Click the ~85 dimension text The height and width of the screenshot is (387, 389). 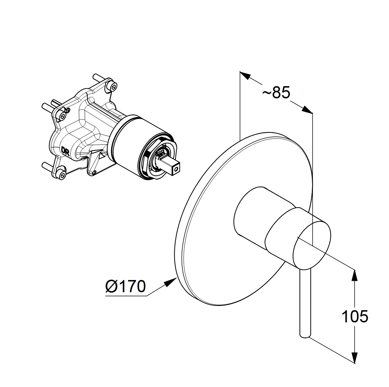pyautogui.click(x=276, y=93)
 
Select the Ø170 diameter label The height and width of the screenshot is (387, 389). pyautogui.click(x=126, y=287)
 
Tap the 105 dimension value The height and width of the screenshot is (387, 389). pyautogui.click(x=355, y=317)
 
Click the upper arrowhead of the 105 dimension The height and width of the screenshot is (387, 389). pyautogui.click(x=355, y=275)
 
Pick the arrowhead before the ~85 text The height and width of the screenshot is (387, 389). pyautogui.click(x=245, y=76)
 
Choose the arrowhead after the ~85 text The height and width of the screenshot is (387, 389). pyautogui.click(x=307, y=110)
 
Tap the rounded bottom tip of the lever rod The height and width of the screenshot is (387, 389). pyautogui.click(x=305, y=335)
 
